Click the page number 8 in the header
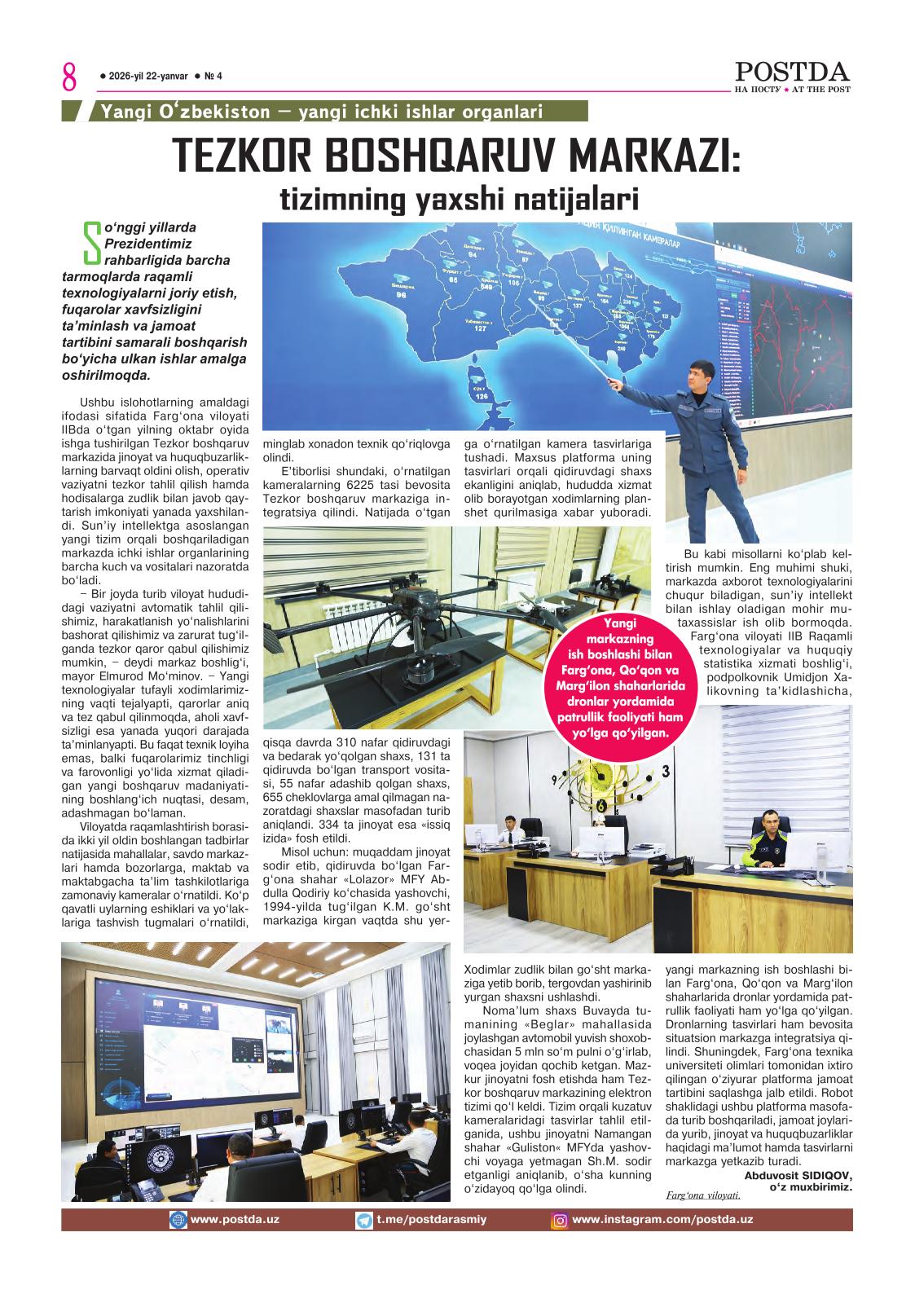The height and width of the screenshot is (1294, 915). point(68,79)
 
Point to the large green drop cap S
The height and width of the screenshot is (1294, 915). point(91,244)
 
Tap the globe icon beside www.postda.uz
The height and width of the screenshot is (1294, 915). point(178,1220)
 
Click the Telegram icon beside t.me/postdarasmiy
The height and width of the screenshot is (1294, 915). point(365,1220)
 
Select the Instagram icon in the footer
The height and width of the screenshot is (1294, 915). point(560,1220)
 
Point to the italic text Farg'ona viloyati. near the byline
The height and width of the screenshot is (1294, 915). point(702,1195)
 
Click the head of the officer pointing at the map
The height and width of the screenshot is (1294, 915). point(704,377)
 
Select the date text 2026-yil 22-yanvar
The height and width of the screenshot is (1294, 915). point(147,77)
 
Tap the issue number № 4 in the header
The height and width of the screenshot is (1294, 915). point(213,77)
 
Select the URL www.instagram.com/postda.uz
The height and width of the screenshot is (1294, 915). point(662,1220)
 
